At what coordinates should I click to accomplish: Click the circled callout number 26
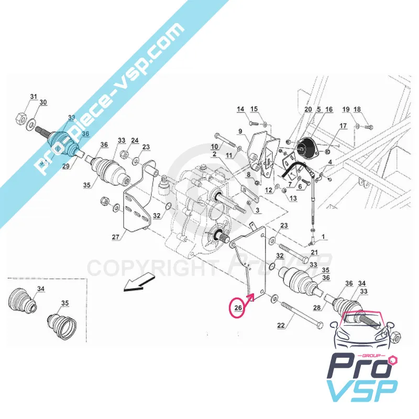click(x=237, y=308)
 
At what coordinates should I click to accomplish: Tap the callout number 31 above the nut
click(x=34, y=97)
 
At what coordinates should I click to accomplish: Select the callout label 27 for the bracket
click(x=116, y=237)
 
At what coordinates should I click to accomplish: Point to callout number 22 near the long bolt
click(x=281, y=325)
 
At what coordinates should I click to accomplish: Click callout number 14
click(x=240, y=109)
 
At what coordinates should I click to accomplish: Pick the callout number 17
click(x=343, y=126)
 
